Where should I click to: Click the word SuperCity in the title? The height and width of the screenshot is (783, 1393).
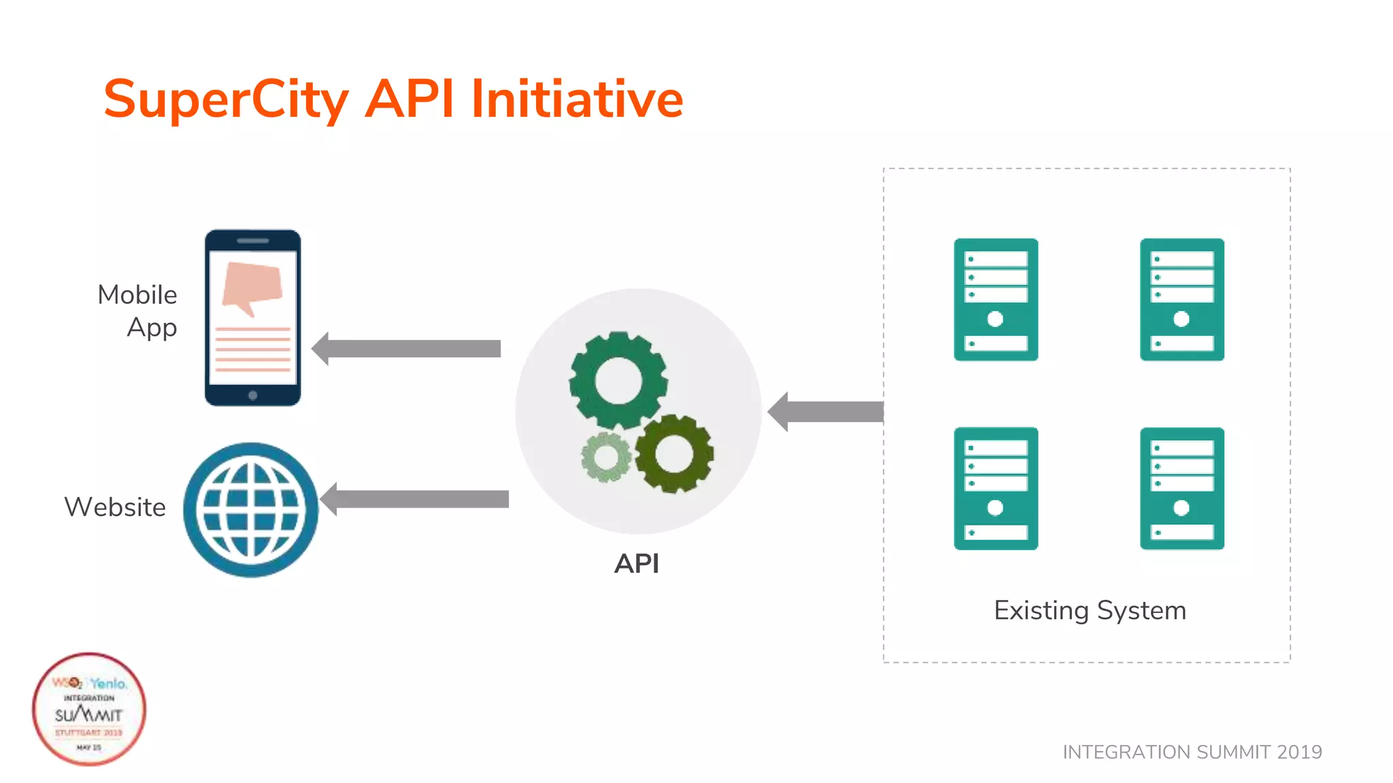point(224,100)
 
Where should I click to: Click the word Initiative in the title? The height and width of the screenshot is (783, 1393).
point(577,99)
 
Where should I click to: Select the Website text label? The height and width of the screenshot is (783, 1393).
point(115,507)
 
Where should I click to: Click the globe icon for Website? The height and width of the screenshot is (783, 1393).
point(251,510)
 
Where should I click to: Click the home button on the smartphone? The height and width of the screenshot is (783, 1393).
point(253,396)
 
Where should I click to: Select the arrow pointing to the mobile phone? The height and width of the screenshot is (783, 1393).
point(407,349)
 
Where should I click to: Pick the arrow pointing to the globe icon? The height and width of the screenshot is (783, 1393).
point(415,499)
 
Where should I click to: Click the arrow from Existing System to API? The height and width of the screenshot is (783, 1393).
point(826,412)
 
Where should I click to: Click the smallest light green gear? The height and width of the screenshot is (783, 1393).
point(605,457)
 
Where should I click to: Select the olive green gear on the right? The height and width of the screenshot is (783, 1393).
point(675,453)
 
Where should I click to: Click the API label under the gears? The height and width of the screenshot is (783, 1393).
point(637,563)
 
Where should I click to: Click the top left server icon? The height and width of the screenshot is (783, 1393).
point(996,299)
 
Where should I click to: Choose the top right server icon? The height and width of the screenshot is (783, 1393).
point(1182,299)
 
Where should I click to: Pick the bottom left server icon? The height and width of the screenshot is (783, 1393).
point(996,488)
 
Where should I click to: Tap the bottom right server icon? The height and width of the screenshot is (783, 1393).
point(1182,488)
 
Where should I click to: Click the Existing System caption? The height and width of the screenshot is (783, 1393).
point(1090,610)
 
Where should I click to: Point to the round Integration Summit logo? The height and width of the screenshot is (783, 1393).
point(89,710)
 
